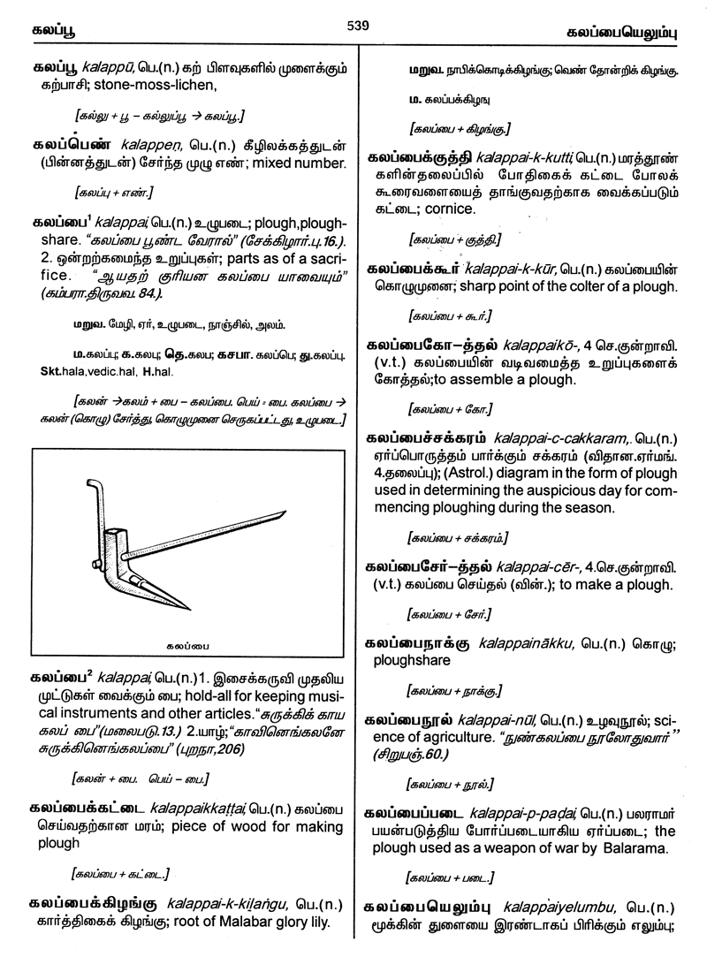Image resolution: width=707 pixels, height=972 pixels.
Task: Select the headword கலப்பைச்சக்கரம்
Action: pyautogui.click(x=427, y=439)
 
